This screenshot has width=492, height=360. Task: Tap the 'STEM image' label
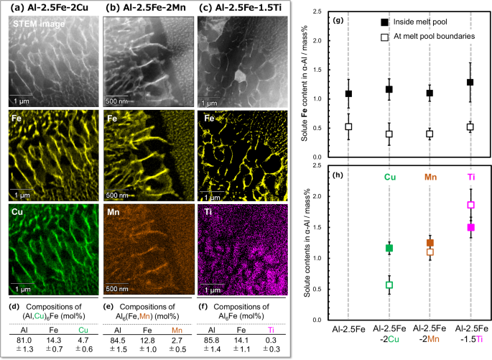tap(37, 24)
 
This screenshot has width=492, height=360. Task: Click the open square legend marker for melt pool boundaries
tap(384, 35)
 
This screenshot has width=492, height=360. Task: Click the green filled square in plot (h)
tap(390, 248)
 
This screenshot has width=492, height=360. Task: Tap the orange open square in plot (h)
tap(430, 251)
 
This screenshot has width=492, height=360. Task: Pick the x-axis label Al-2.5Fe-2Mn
tap(430, 337)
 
